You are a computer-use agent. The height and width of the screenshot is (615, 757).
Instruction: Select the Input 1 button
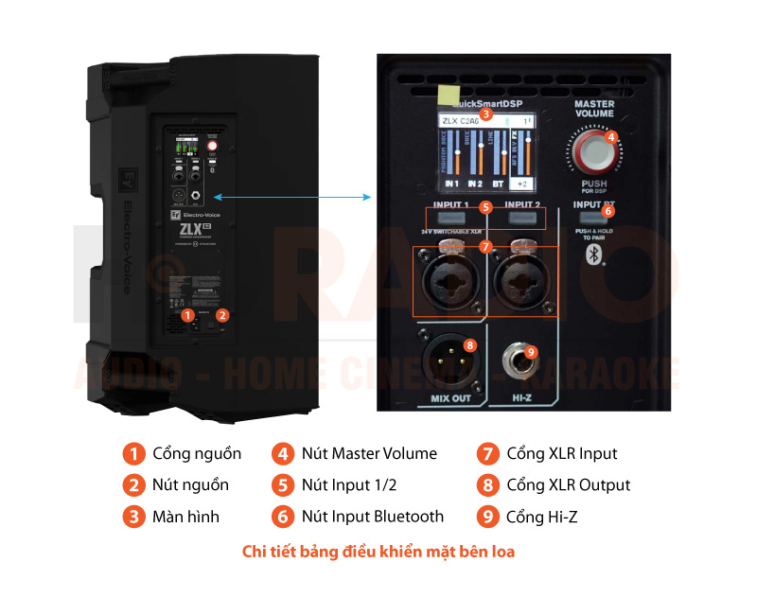[452, 219]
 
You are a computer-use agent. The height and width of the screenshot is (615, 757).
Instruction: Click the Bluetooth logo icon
[593, 255]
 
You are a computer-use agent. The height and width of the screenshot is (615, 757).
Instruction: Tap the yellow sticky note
[444, 93]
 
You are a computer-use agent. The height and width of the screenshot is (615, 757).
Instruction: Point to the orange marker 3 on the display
[485, 114]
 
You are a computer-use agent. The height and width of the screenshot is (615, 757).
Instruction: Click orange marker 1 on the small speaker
[188, 315]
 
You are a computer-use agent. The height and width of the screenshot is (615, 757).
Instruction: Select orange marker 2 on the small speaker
[222, 315]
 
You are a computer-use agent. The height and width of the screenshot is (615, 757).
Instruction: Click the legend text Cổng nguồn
[197, 453]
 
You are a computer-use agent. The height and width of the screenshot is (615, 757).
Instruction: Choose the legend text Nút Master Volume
[369, 453]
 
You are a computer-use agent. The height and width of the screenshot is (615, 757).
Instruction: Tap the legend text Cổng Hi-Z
[540, 517]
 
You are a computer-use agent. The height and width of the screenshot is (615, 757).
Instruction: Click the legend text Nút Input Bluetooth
[372, 517]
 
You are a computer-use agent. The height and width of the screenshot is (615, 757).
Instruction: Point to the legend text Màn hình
[185, 517]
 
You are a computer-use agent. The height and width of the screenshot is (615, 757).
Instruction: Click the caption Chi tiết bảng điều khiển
[378, 551]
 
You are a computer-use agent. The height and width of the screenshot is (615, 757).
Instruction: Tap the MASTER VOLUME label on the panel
[594, 109]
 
